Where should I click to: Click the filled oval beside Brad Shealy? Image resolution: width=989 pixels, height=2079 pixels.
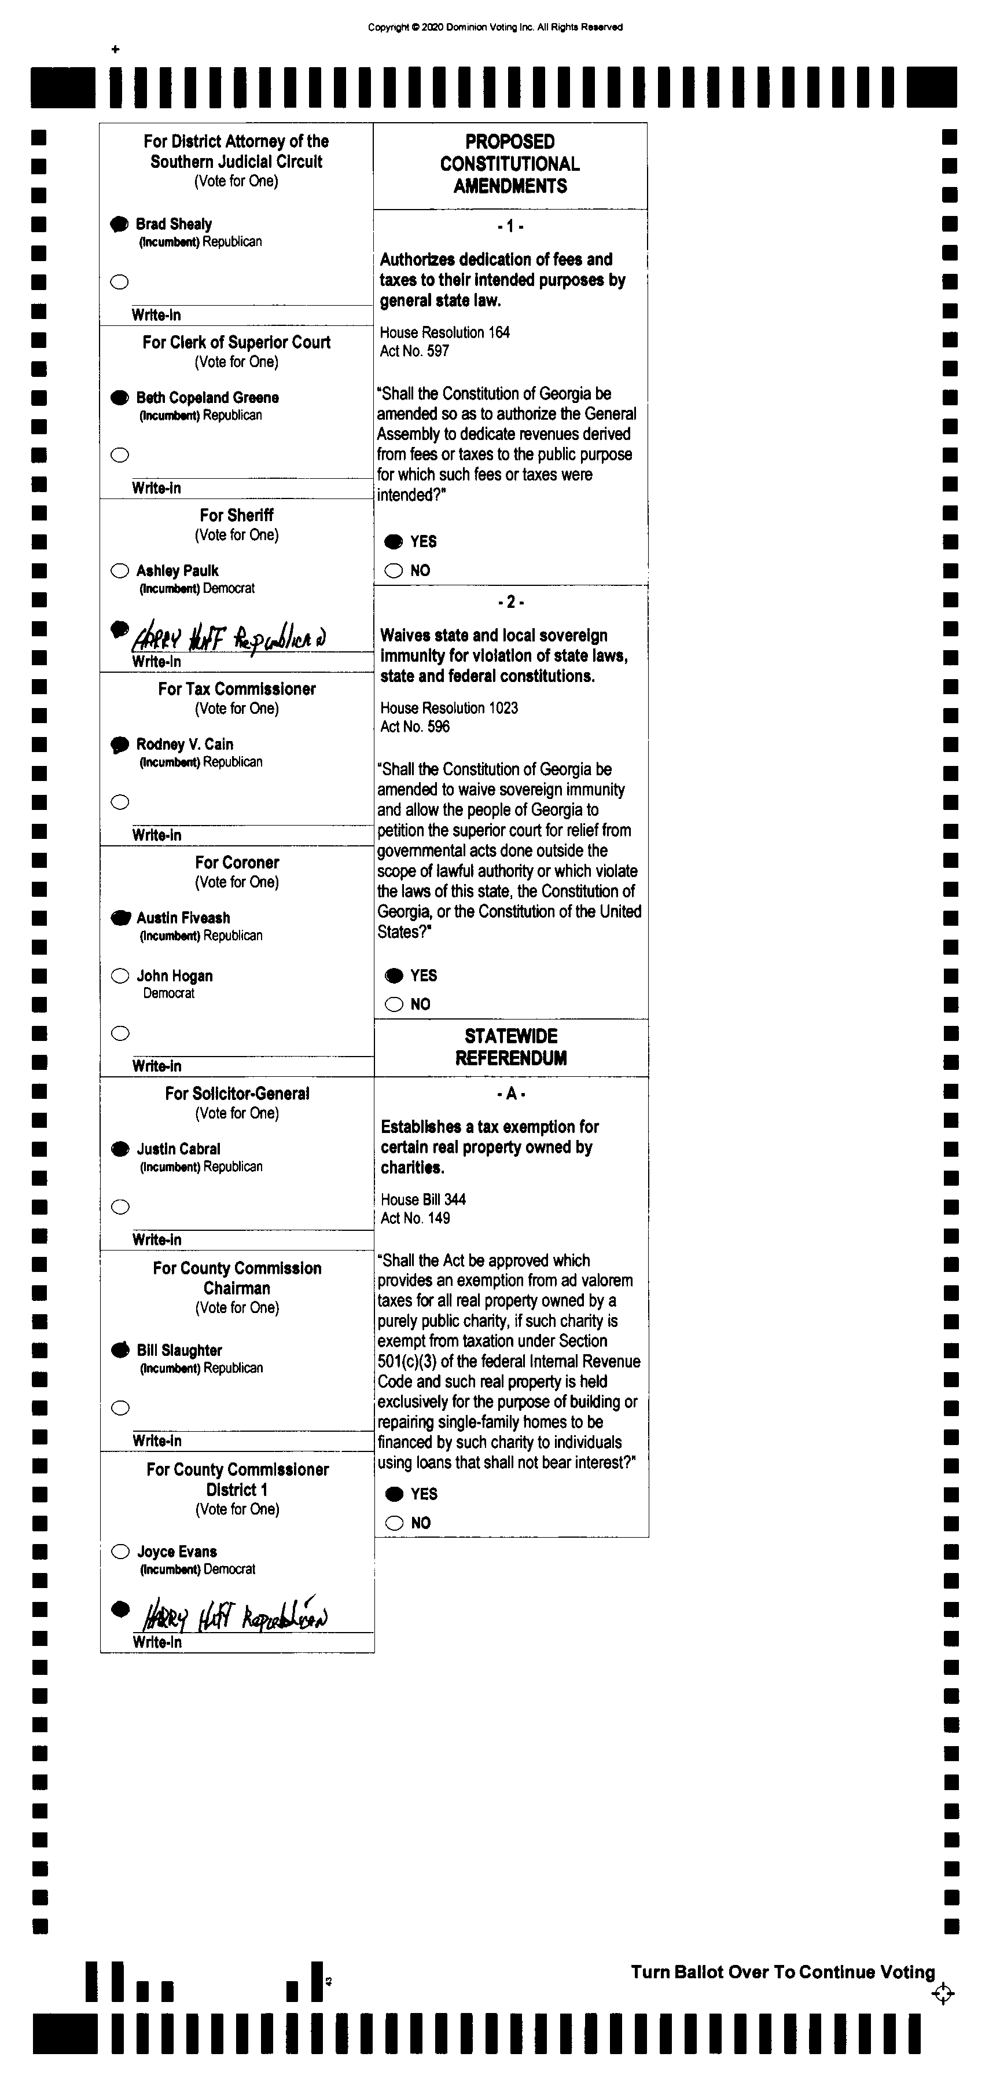[x=119, y=225]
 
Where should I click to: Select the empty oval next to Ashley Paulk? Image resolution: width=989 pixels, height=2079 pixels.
[x=119, y=571]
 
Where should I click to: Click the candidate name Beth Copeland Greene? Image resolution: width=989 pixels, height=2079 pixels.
[x=207, y=397]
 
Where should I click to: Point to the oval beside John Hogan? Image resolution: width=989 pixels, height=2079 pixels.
[x=120, y=976]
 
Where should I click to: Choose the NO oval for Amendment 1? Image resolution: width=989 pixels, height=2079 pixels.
[x=394, y=571]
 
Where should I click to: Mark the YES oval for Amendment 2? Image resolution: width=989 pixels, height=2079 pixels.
[x=394, y=976]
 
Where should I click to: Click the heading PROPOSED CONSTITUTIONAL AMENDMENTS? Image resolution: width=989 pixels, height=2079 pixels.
[x=510, y=164]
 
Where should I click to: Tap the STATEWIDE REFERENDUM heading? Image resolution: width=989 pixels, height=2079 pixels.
[x=510, y=1047]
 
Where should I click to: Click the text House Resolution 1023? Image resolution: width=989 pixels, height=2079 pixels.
[x=449, y=708]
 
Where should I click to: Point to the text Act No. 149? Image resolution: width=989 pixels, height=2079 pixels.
[x=416, y=1218]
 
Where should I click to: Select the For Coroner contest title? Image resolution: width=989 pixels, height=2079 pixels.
[x=237, y=862]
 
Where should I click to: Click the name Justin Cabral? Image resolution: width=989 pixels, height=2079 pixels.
[x=178, y=1149]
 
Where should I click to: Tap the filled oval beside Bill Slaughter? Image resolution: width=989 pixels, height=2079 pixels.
[x=120, y=1350]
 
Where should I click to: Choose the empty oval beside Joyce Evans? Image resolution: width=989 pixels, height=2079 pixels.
[x=120, y=1551]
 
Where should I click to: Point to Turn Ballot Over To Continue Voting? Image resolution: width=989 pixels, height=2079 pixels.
[x=782, y=1972]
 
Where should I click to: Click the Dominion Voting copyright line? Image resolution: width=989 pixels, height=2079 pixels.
[x=495, y=27]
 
